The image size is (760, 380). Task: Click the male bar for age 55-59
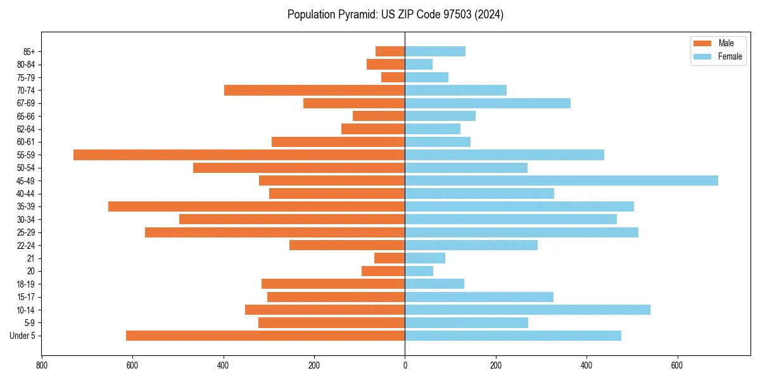coord(239,155)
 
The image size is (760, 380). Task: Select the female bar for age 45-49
coord(561,180)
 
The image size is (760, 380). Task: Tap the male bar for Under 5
coord(265,336)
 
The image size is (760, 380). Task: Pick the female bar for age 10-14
coord(528,310)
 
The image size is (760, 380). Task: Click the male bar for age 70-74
coord(315,90)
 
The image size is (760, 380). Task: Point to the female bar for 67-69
coord(488,103)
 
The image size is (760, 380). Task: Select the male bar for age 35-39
coord(256,206)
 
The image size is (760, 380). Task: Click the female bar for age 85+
coord(435,51)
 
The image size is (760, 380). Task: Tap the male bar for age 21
coord(389,258)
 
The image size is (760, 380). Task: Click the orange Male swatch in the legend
coord(702,43)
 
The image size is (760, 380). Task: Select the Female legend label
coord(730,56)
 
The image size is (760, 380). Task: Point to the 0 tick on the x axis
coord(405,365)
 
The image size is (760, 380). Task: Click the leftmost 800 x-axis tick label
coord(42,365)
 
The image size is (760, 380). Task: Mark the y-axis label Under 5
coord(22,336)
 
